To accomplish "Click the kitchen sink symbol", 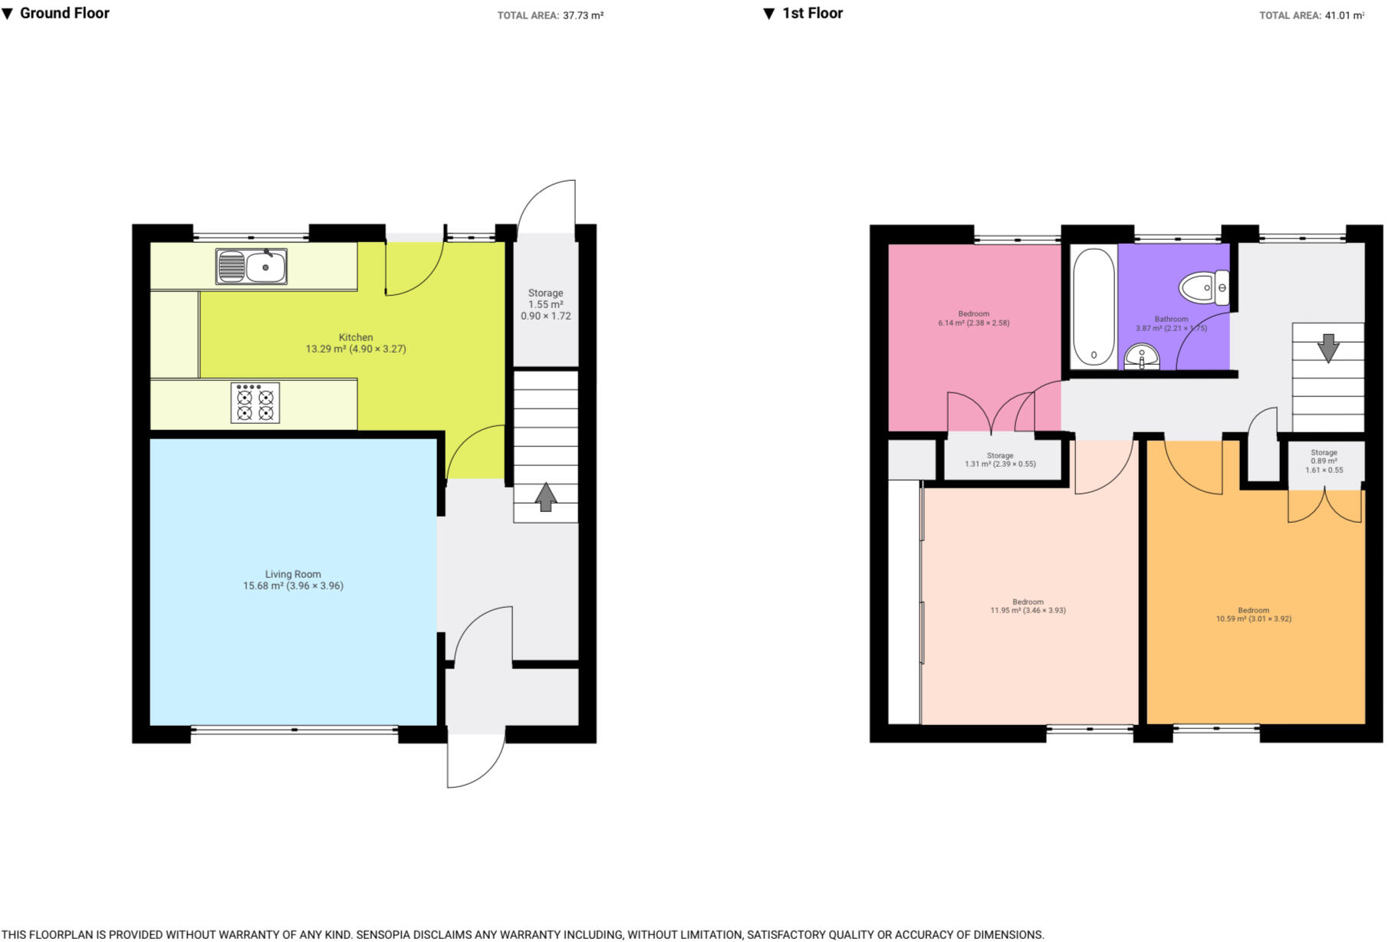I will click(x=252, y=267).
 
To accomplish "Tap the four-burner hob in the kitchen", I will click(x=255, y=403).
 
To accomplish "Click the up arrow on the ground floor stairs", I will click(x=545, y=497).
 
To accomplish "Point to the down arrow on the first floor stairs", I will click(x=1327, y=348).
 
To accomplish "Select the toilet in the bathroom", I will click(x=1204, y=288).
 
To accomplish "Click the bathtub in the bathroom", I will click(x=1093, y=307).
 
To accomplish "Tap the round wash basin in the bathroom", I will click(x=1142, y=356).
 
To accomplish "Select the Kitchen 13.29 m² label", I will click(x=356, y=343).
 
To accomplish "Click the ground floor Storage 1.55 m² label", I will click(x=545, y=304).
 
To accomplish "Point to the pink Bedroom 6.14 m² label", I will click(x=973, y=318).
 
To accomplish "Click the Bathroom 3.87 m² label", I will click(x=1171, y=323).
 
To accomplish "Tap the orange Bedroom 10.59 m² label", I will click(x=1253, y=615).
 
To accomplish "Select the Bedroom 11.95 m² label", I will click(x=1028, y=606).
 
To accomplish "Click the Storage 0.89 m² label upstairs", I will click(x=1324, y=461).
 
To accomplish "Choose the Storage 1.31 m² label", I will click(x=1000, y=459).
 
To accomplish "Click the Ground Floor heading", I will click(x=64, y=13).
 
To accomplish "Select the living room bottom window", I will click(x=294, y=730).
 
